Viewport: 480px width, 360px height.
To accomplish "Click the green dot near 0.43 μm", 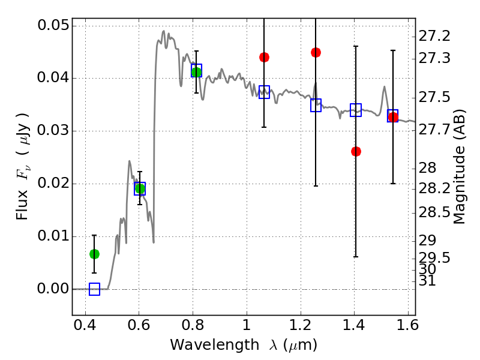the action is pos(94,254).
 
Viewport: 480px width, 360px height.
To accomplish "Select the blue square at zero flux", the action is pos(94,289).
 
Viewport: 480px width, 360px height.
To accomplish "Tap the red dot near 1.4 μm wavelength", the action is pos(356,151).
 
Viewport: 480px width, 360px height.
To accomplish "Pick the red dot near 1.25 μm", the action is pos(316,53).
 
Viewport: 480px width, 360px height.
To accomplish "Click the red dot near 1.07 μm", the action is pos(264,57).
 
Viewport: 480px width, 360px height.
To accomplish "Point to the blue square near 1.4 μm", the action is pos(356,110).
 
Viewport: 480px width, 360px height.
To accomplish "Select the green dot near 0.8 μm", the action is pos(197,72).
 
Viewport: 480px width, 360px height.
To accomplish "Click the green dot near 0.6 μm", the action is pos(140,188).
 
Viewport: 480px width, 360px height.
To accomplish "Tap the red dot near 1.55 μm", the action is pos(393,117).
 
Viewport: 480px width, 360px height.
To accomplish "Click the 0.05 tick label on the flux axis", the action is pos(53,25).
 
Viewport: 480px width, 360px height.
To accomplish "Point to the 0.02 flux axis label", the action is pos(53,184).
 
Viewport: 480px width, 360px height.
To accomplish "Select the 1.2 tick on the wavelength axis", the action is pos(301,325).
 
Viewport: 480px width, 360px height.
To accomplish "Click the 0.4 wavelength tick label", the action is pos(85,325).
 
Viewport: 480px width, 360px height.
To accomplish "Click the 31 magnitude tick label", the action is pos(427,281).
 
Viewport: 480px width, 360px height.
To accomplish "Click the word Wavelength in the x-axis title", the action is pos(215,345).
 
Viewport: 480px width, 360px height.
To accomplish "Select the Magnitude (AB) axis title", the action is pos(458,167).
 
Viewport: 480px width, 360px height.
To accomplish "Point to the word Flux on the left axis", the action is pos(22,205).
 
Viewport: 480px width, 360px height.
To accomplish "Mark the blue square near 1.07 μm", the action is pos(264,92).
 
